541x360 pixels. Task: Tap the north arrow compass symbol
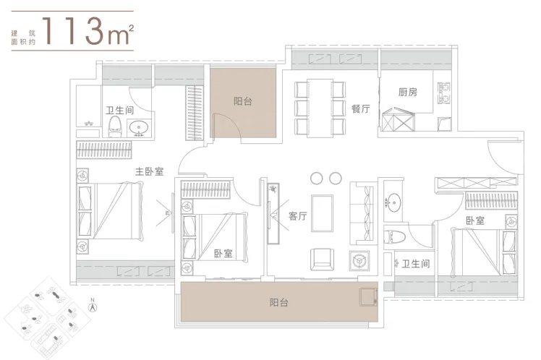click(x=93, y=306)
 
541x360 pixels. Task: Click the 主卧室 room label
click(x=149, y=171)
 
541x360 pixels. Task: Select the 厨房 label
click(x=407, y=92)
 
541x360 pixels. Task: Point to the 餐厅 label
click(x=361, y=109)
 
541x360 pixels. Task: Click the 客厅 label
click(x=297, y=216)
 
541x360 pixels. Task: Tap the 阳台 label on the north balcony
click(x=243, y=101)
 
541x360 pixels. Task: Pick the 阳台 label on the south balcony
click(x=278, y=303)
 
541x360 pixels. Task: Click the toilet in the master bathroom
click(x=115, y=127)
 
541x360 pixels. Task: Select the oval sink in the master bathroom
click(x=140, y=128)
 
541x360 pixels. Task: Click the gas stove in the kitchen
click(x=443, y=93)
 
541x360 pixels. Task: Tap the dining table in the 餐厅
click(x=320, y=108)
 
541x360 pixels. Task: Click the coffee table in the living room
click(x=323, y=213)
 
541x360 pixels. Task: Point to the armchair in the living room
click(x=323, y=260)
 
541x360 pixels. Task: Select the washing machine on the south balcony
click(x=368, y=297)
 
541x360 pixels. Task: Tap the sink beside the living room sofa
click(x=393, y=202)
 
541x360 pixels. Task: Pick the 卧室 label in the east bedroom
click(x=475, y=220)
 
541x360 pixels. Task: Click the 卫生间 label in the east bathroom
click(x=416, y=264)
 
